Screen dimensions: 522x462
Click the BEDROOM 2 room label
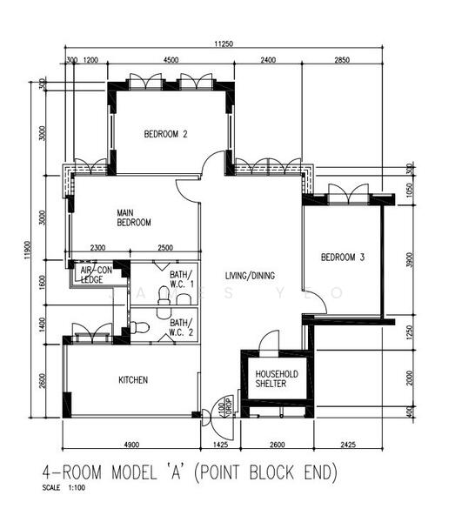pyautogui.click(x=166, y=134)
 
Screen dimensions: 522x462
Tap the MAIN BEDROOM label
pyautogui.click(x=134, y=217)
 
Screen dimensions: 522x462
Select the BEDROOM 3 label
pyautogui.click(x=343, y=257)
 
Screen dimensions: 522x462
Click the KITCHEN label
pyautogui.click(x=133, y=380)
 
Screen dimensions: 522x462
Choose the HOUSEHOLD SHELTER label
pyautogui.click(x=277, y=379)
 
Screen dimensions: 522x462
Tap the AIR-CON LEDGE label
pyautogui.click(x=97, y=275)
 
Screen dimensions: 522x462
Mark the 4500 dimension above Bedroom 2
pyautogui.click(x=171, y=60)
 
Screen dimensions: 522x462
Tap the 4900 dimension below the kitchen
pyautogui.click(x=131, y=445)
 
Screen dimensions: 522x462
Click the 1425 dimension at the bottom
pyautogui.click(x=219, y=445)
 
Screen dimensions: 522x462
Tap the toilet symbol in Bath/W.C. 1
pyautogui.click(x=163, y=298)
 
